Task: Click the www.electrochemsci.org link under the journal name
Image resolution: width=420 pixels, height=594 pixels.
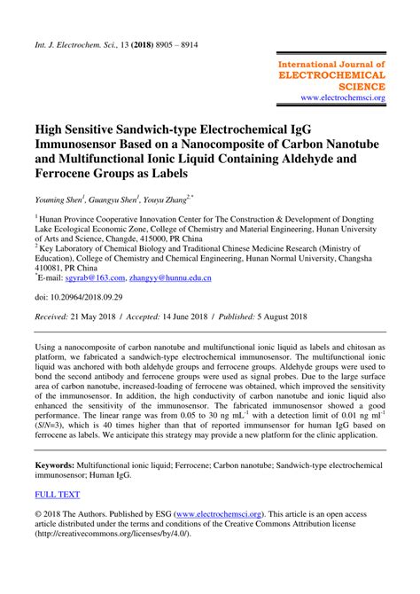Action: (342, 98)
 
